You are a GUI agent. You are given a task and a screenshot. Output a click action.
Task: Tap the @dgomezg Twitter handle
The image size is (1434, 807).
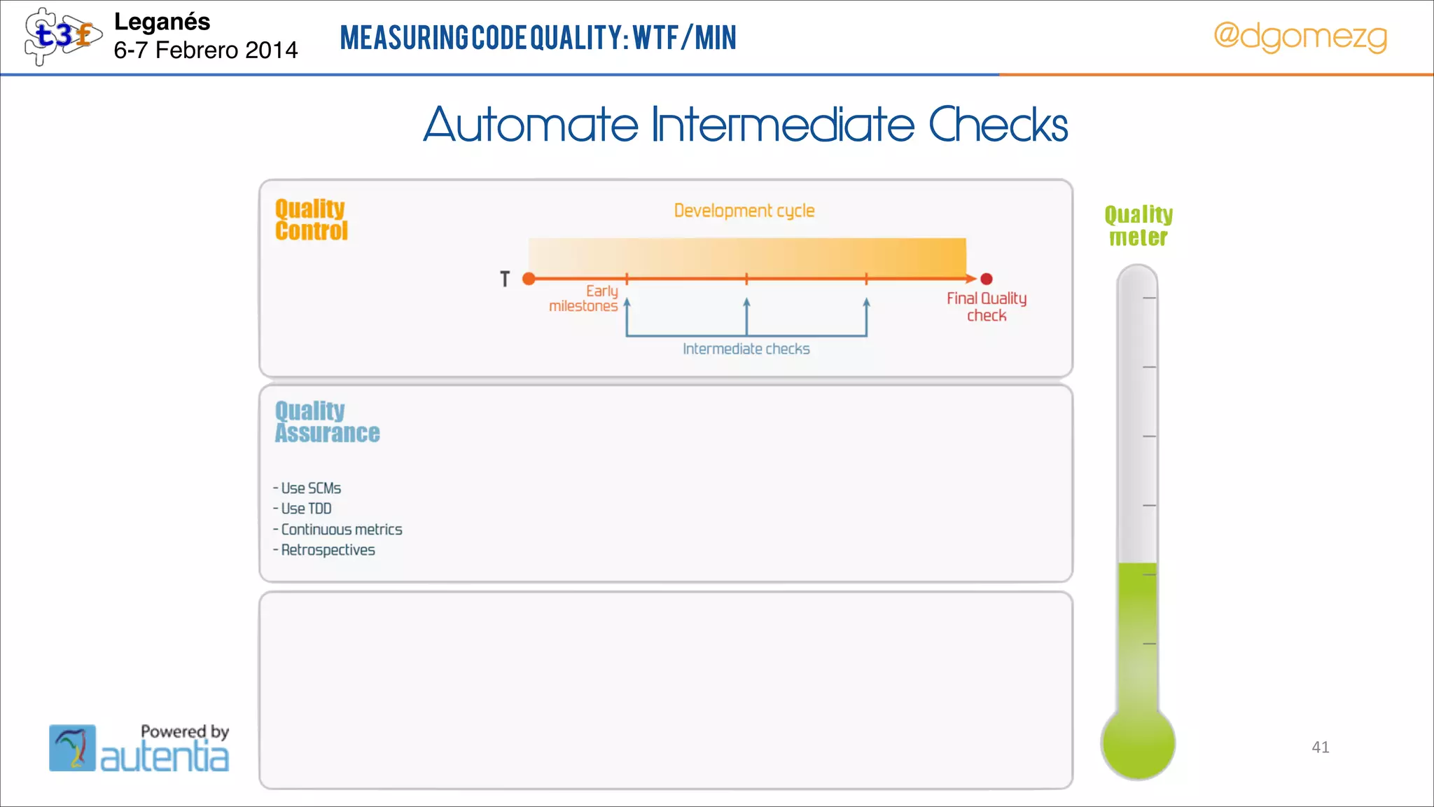(x=1300, y=36)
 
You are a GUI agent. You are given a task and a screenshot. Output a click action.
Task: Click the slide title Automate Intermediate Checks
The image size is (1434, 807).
(x=745, y=125)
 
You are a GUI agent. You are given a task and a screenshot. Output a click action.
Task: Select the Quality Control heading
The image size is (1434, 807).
(x=311, y=220)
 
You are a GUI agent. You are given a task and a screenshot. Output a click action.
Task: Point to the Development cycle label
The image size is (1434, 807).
(x=744, y=210)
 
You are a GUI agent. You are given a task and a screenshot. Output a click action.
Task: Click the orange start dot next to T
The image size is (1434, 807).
(x=529, y=279)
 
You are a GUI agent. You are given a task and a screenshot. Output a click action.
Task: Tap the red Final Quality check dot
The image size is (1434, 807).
(x=987, y=279)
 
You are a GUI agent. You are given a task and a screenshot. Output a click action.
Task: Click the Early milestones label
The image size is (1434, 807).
(x=584, y=298)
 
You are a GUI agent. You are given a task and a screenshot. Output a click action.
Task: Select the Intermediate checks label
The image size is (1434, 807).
(x=746, y=349)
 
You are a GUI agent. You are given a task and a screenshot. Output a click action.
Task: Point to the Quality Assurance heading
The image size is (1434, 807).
(x=326, y=422)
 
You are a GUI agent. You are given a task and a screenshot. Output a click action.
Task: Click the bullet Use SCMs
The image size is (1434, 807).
(x=310, y=488)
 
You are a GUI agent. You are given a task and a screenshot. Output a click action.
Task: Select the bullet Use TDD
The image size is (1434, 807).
(x=305, y=509)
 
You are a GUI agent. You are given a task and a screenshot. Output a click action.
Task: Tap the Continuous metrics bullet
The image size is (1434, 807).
(x=341, y=530)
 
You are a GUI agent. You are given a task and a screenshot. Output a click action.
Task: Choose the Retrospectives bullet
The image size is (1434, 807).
(x=327, y=550)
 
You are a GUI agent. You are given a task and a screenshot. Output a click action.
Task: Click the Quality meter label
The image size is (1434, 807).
(x=1139, y=226)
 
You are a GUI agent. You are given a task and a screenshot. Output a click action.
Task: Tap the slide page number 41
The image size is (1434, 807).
(x=1320, y=747)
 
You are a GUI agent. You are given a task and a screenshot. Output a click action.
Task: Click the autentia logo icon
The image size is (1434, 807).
(x=72, y=747)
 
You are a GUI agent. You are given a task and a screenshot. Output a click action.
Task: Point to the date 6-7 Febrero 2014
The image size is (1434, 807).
(x=205, y=50)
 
